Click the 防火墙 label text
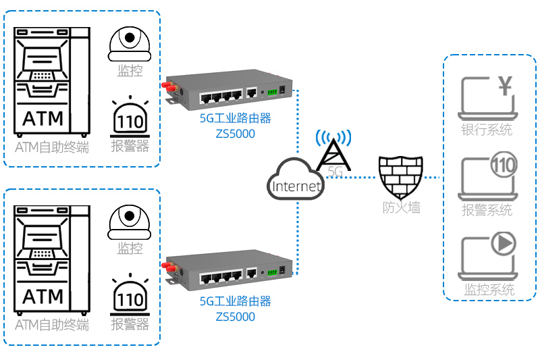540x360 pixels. click(402, 208)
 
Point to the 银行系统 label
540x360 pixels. click(486, 130)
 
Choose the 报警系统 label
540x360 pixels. click(487, 211)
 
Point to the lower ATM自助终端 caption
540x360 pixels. click(52, 325)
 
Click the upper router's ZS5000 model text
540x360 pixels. click(236, 134)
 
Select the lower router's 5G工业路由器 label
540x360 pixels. click(236, 301)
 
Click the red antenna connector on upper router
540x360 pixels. click(165, 86)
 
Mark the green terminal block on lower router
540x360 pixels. click(271, 272)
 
